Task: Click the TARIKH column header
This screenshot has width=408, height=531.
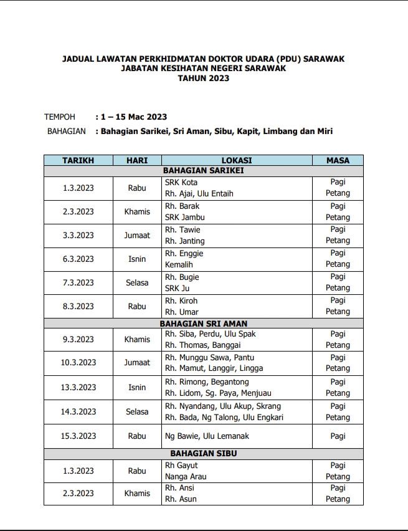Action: click(x=78, y=160)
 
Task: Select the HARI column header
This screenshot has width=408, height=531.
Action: click(x=137, y=160)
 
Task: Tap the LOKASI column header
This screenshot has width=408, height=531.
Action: click(x=237, y=160)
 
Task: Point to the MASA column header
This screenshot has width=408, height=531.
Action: click(x=338, y=160)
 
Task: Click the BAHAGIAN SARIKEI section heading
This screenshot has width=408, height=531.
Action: click(x=203, y=170)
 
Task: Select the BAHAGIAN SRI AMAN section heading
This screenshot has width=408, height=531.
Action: click(x=203, y=323)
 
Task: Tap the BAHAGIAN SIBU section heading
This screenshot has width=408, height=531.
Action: click(x=203, y=454)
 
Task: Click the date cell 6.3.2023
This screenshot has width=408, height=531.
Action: click(x=78, y=259)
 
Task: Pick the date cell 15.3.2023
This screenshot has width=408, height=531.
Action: click(x=78, y=436)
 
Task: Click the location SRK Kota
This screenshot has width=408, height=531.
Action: click(x=181, y=182)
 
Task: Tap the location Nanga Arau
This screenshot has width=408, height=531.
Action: click(x=185, y=477)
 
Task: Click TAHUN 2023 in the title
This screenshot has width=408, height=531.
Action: click(x=203, y=79)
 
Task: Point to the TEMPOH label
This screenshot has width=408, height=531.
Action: click(x=60, y=117)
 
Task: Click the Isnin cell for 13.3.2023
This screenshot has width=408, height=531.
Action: click(x=137, y=388)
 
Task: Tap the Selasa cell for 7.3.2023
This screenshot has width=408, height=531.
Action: click(x=137, y=283)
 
